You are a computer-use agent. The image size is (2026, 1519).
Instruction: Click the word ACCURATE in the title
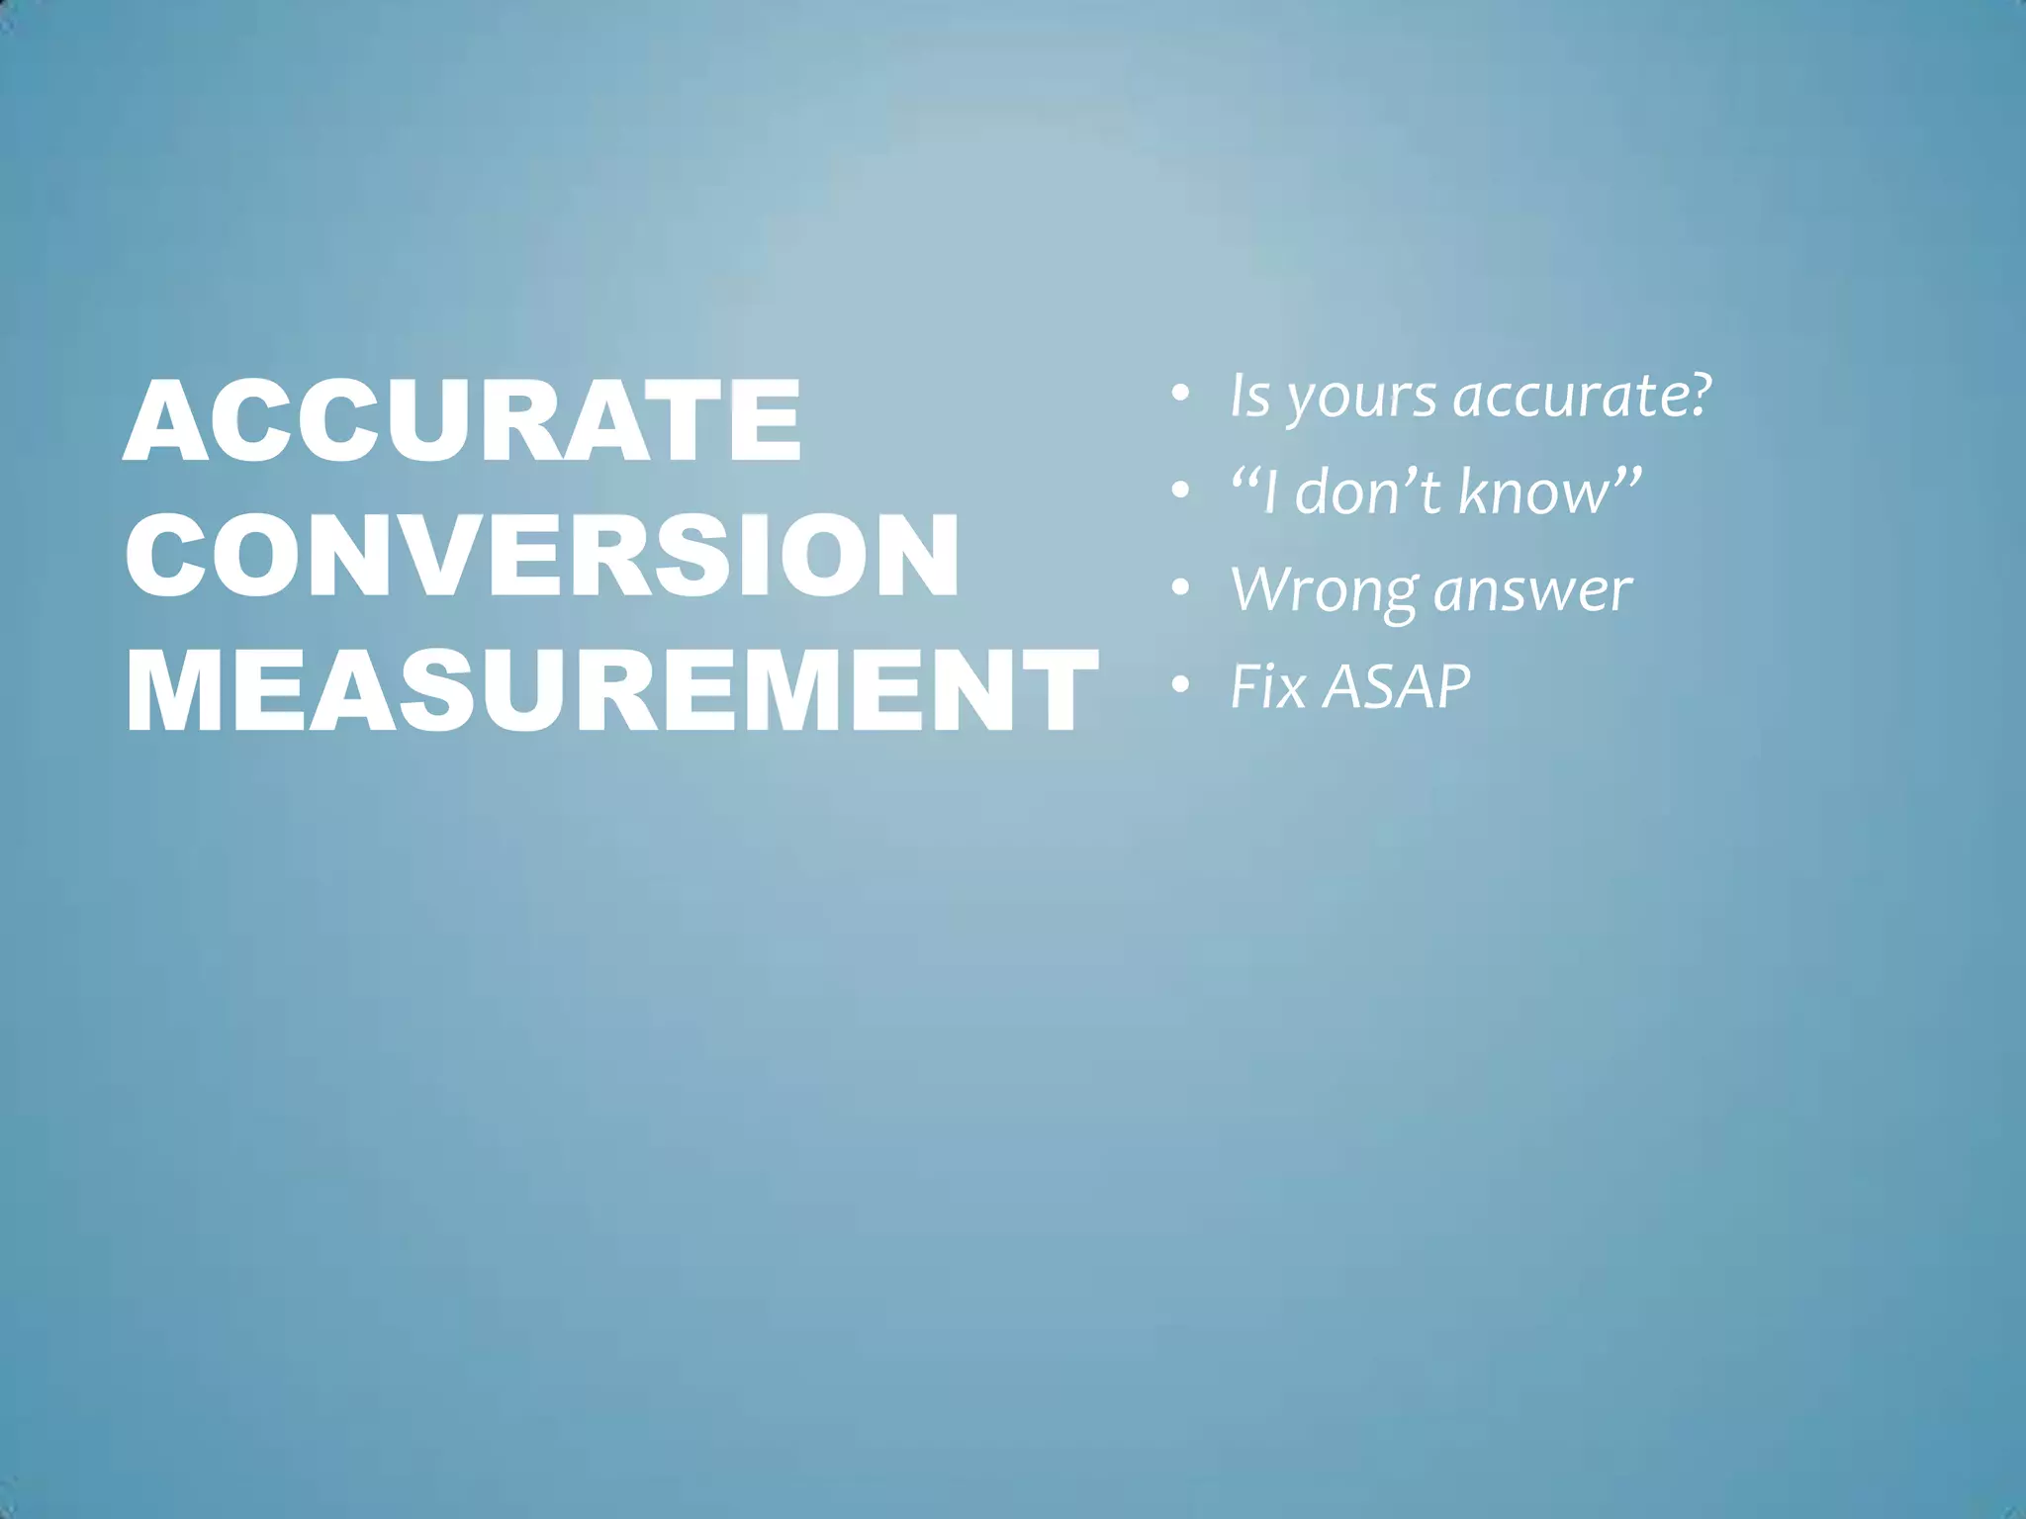(462, 420)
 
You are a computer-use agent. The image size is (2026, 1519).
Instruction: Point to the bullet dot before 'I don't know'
(1179, 491)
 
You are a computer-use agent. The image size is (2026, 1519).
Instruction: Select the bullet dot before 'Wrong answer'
(1179, 589)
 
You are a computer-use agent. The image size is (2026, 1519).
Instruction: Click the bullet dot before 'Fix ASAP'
(1179, 685)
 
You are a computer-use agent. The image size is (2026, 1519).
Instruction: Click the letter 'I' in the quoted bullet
(1273, 491)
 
